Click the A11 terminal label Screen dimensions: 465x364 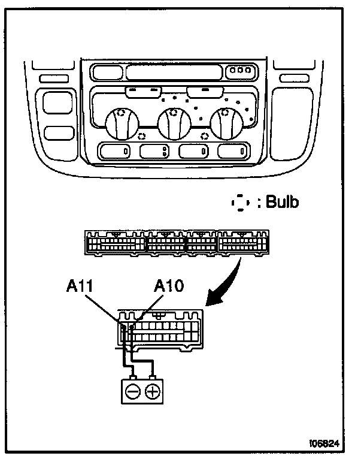80,286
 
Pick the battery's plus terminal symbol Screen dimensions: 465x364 154,392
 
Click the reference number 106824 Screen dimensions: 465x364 324,445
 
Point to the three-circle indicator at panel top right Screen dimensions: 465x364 242,72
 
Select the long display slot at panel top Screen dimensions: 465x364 173,73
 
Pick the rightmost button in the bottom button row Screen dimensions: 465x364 233,151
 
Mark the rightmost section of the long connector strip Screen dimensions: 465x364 239,244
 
